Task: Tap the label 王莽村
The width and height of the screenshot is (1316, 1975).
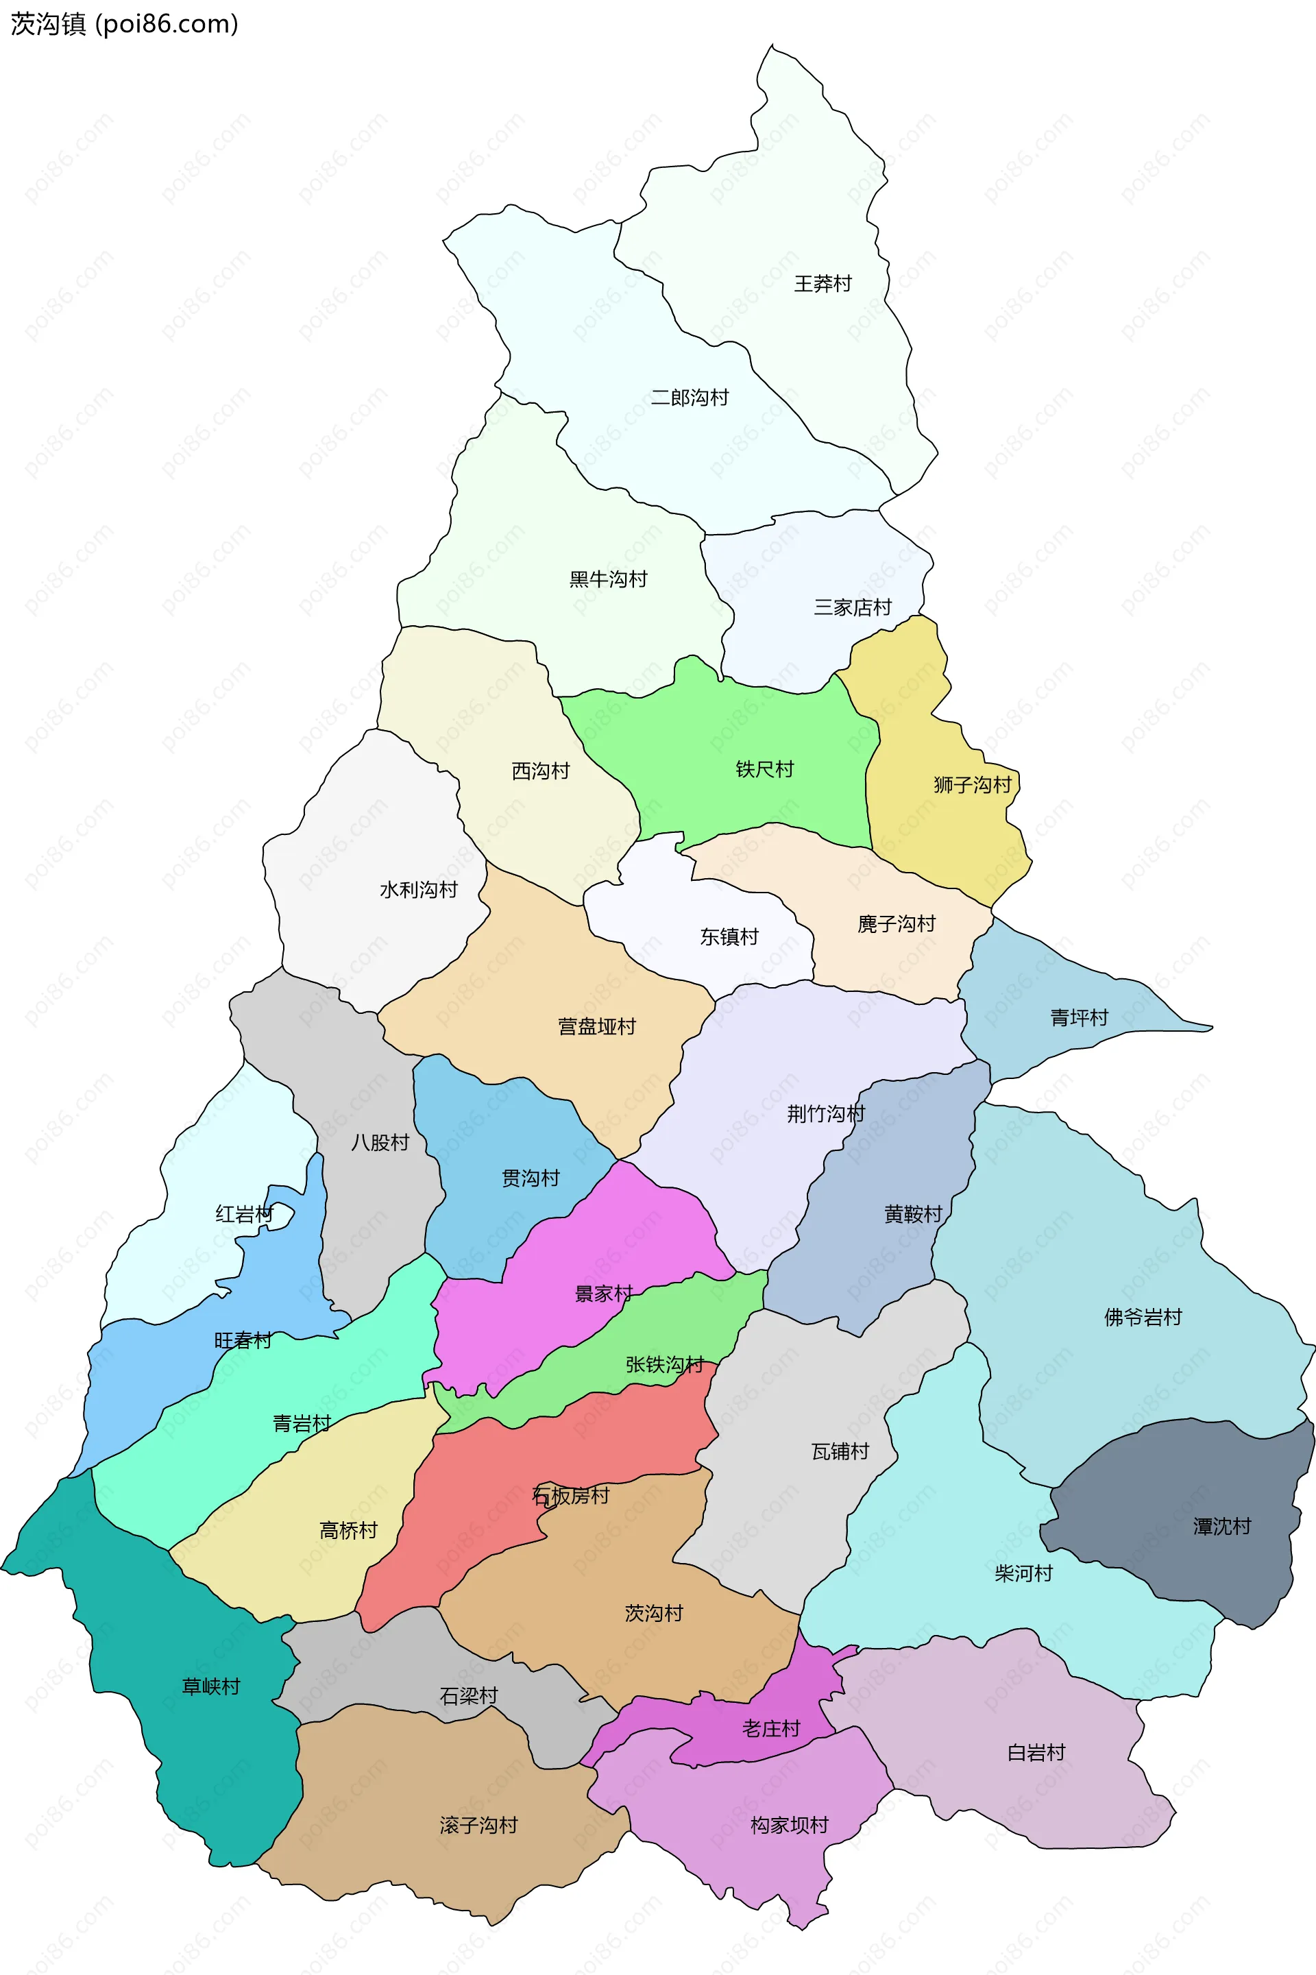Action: coord(822,284)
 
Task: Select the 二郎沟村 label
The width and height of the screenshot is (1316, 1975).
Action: coord(690,397)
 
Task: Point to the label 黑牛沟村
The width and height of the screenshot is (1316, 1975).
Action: coord(609,579)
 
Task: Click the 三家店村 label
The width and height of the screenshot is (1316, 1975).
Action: coord(852,607)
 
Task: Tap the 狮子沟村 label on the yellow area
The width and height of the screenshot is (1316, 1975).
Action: coord(973,785)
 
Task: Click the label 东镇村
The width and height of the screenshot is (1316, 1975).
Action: coord(729,936)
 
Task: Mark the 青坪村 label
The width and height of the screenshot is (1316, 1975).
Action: coord(1080,1017)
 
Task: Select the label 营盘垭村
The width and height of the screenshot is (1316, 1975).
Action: coord(597,1026)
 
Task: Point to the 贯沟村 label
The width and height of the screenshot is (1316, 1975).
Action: coord(531,1178)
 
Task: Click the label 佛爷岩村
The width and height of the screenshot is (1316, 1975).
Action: coord(1143,1317)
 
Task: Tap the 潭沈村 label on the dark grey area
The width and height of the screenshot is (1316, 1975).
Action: coord(1222,1526)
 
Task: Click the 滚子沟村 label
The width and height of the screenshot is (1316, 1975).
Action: coord(478,1825)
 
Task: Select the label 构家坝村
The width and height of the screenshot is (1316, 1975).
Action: coord(789,1825)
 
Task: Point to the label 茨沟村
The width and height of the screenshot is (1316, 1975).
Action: coord(654,1612)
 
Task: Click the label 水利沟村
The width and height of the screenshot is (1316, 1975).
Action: coord(419,890)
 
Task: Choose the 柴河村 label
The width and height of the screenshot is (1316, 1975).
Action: coord(1023,1573)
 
